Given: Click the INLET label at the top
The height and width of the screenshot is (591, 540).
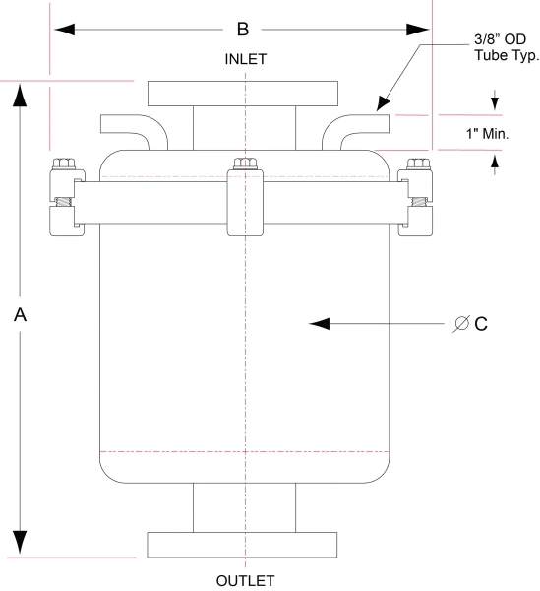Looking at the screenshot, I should click(x=246, y=59).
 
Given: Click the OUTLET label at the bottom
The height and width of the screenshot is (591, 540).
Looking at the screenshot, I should click(x=246, y=580).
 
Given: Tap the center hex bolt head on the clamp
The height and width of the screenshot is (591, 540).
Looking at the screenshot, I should click(x=245, y=163).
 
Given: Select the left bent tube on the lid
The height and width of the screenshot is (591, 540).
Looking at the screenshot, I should click(x=128, y=128).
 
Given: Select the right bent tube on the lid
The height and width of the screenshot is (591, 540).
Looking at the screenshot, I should click(x=359, y=128).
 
